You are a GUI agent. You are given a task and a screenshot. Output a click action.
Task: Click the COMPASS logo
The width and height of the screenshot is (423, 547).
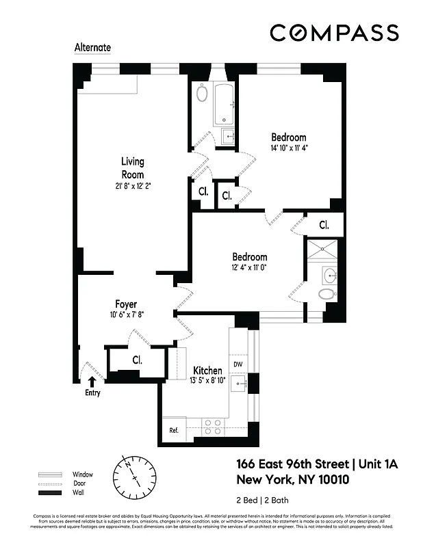(334, 32)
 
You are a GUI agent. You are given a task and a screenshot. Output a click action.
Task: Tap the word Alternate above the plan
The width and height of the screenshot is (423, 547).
(92, 49)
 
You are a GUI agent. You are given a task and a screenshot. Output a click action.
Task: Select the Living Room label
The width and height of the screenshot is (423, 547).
(133, 168)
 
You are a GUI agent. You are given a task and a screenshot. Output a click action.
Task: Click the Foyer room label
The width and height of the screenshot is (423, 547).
(126, 304)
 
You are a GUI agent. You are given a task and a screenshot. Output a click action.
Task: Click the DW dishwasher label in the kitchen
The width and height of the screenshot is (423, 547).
(238, 364)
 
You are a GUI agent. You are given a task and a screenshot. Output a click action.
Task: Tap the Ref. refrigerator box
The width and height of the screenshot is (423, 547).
(174, 430)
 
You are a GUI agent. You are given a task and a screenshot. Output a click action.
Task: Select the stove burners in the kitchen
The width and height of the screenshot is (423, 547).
(213, 427)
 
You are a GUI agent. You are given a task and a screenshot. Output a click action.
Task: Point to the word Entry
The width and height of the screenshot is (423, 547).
(92, 393)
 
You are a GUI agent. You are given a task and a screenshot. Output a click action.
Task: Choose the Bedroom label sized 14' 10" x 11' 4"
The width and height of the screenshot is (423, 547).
(288, 137)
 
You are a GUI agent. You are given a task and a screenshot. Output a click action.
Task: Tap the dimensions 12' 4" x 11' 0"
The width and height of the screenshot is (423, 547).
(249, 268)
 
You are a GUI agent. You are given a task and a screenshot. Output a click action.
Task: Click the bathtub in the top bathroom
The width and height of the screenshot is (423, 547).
(225, 105)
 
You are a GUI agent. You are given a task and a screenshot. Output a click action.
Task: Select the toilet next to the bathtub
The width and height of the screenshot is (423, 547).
(202, 93)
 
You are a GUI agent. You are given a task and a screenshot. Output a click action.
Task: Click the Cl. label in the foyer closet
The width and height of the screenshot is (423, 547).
(137, 360)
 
